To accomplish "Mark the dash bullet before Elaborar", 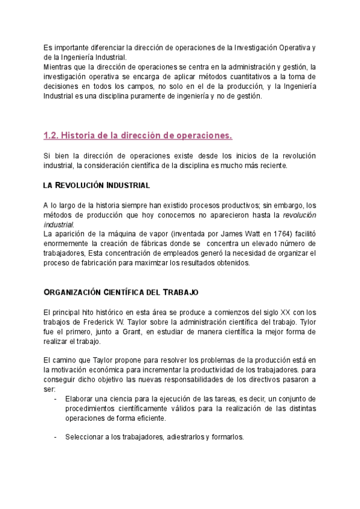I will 56,399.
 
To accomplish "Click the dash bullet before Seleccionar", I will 56,437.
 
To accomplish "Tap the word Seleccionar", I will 85,437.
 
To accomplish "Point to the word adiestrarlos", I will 185,437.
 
